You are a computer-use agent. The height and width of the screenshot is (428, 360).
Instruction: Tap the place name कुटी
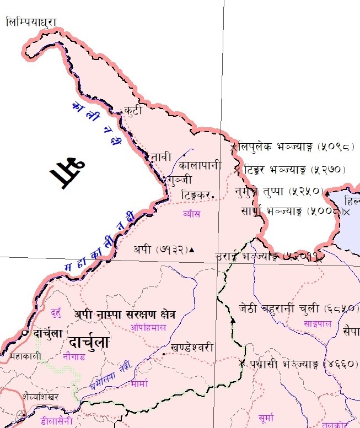[x=133, y=111]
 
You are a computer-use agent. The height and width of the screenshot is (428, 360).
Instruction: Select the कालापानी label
[x=201, y=165]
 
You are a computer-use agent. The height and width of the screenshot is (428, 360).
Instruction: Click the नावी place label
[x=161, y=157]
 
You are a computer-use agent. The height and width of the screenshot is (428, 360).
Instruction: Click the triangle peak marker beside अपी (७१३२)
[x=192, y=250]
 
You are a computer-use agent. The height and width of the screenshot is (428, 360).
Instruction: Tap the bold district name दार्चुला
[x=89, y=338]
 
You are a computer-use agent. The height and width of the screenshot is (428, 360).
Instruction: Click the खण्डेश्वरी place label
[x=192, y=348]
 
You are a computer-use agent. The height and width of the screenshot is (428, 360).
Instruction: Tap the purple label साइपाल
[x=317, y=324]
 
